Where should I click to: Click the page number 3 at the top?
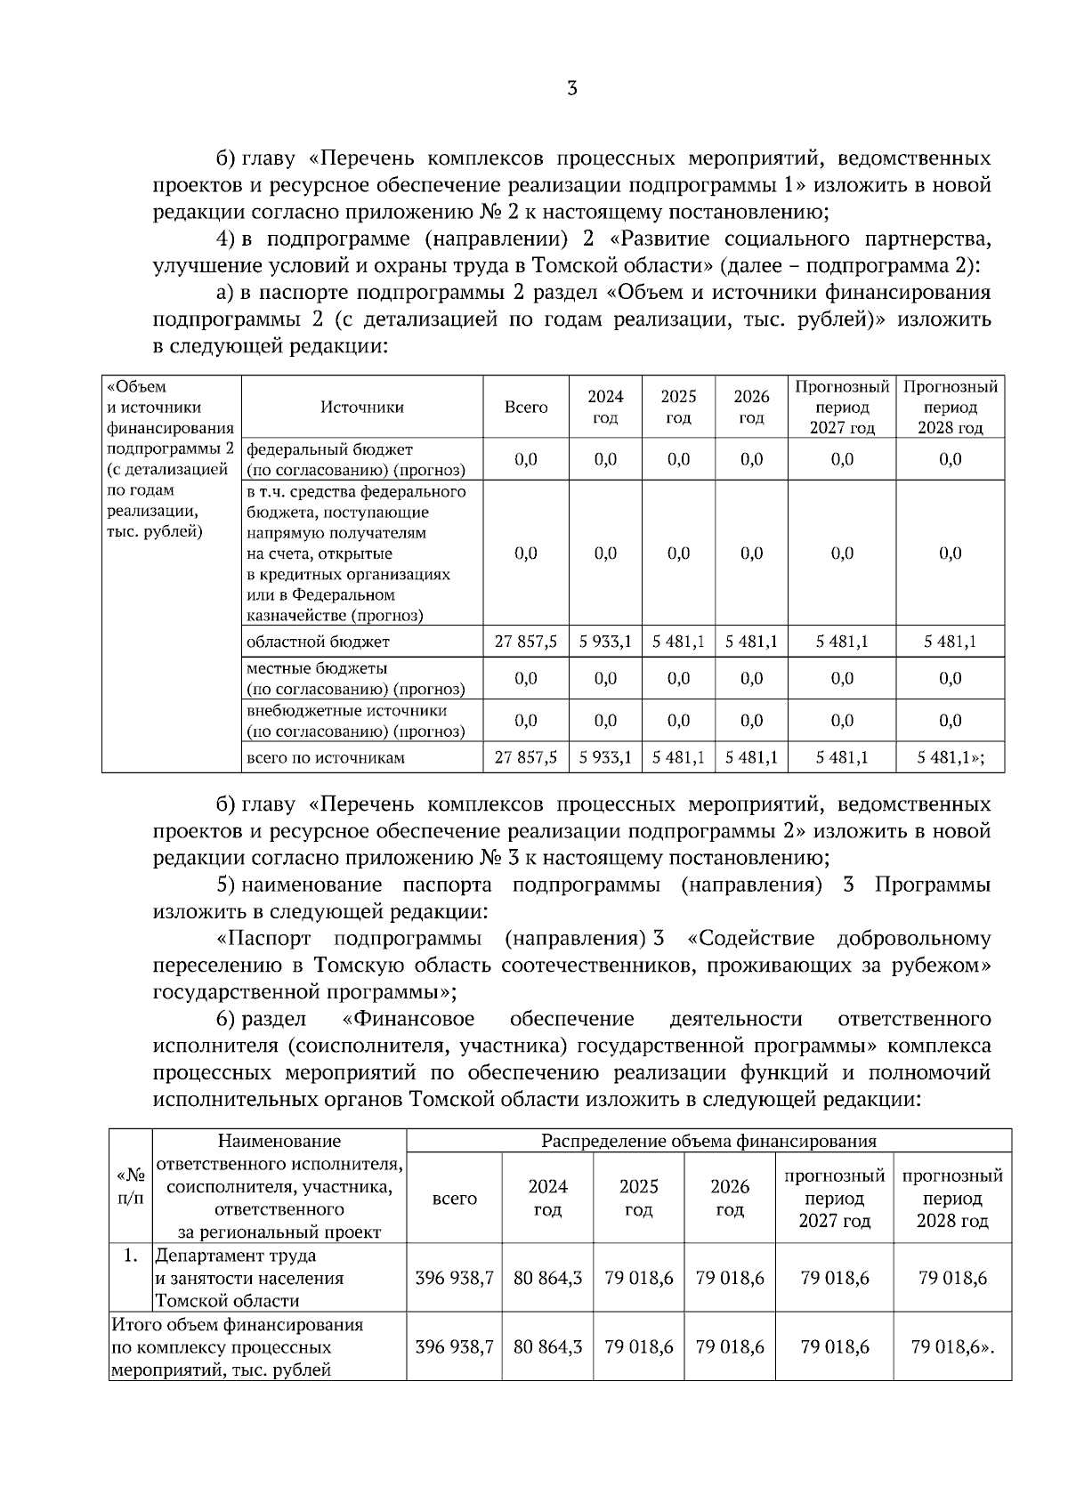click(x=571, y=89)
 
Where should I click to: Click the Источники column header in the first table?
click(x=361, y=408)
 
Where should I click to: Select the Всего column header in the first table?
click(x=526, y=408)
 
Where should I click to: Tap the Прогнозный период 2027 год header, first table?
click(x=841, y=408)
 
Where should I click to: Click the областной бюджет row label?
click(x=318, y=642)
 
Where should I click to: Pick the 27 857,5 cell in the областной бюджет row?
click(x=526, y=642)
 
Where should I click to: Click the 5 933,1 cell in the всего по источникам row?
click(x=605, y=758)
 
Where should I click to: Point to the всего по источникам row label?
click(x=325, y=758)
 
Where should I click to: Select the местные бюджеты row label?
click(x=355, y=678)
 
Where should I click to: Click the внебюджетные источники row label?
click(x=355, y=721)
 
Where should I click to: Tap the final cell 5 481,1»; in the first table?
click(x=951, y=758)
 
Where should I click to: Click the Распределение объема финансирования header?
click(x=708, y=1142)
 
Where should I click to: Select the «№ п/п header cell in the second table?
click(x=130, y=1187)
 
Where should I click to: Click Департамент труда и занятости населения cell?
click(x=249, y=1278)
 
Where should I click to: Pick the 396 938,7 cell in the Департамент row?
click(x=454, y=1278)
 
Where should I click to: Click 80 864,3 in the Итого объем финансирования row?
click(x=547, y=1347)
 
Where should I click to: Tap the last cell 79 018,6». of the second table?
click(x=952, y=1347)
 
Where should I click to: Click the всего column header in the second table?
click(x=454, y=1199)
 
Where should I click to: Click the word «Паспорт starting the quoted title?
click(x=263, y=939)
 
